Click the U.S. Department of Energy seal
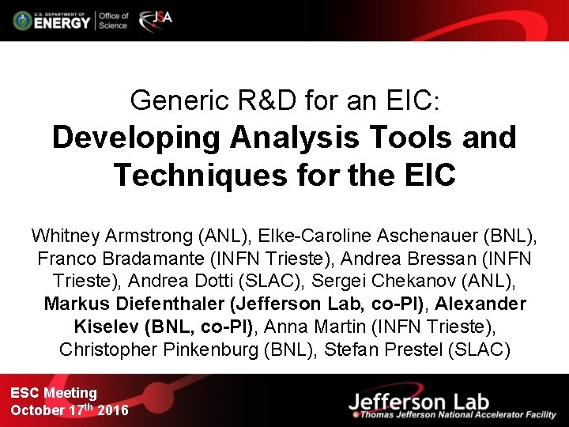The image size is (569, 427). [x=22, y=21]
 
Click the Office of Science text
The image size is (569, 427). [x=113, y=21]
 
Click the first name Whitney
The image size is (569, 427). [x=62, y=236]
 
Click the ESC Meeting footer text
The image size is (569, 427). [x=54, y=393]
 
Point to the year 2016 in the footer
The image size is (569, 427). [x=112, y=410]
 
